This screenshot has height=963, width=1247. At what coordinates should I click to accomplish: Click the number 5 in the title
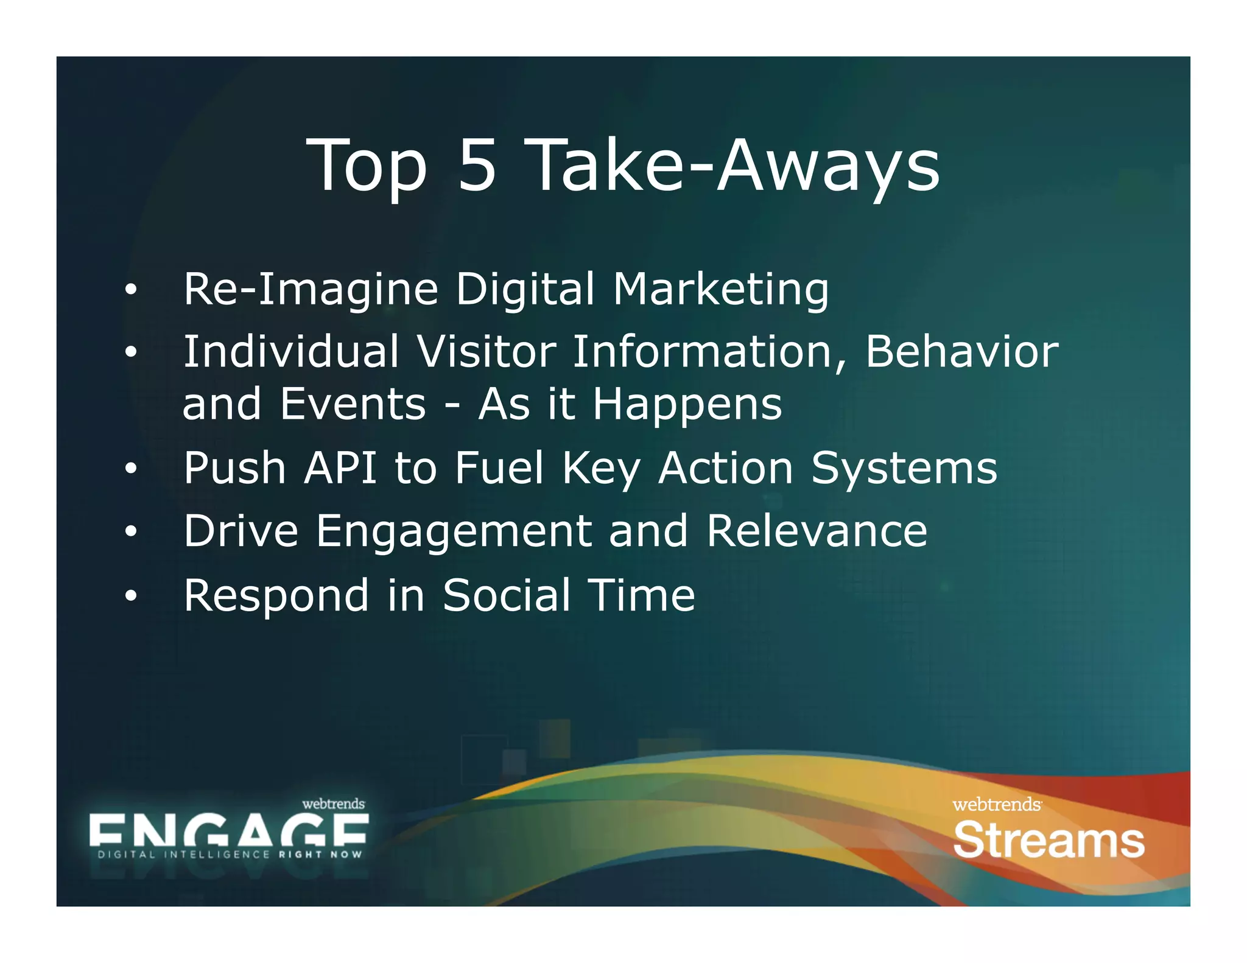click(477, 165)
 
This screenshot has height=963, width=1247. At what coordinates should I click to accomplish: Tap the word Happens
click(687, 405)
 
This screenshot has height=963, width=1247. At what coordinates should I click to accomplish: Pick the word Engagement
click(454, 532)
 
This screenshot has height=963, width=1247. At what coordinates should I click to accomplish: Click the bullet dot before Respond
click(130, 597)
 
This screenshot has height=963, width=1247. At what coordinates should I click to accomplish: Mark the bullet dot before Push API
click(130, 469)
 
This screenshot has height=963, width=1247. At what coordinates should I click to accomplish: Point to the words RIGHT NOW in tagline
click(320, 855)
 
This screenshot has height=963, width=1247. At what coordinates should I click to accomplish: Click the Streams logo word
click(1049, 841)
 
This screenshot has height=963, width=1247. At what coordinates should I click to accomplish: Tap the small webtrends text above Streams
click(996, 805)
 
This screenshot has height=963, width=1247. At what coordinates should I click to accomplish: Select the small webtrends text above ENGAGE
click(333, 804)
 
